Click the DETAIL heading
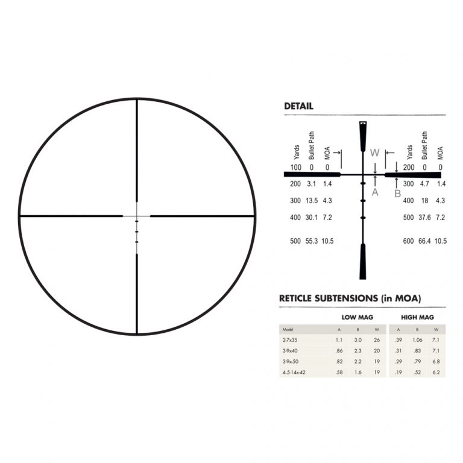click(x=298, y=107)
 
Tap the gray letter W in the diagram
click(x=374, y=153)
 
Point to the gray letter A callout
click(x=375, y=192)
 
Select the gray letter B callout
click(x=397, y=193)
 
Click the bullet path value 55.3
click(x=312, y=241)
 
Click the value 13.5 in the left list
click(x=312, y=200)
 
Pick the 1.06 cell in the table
click(x=418, y=340)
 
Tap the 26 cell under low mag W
click(x=377, y=340)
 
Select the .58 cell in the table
click(x=339, y=373)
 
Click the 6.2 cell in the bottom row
click(x=436, y=373)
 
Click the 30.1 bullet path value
click(x=312, y=216)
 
